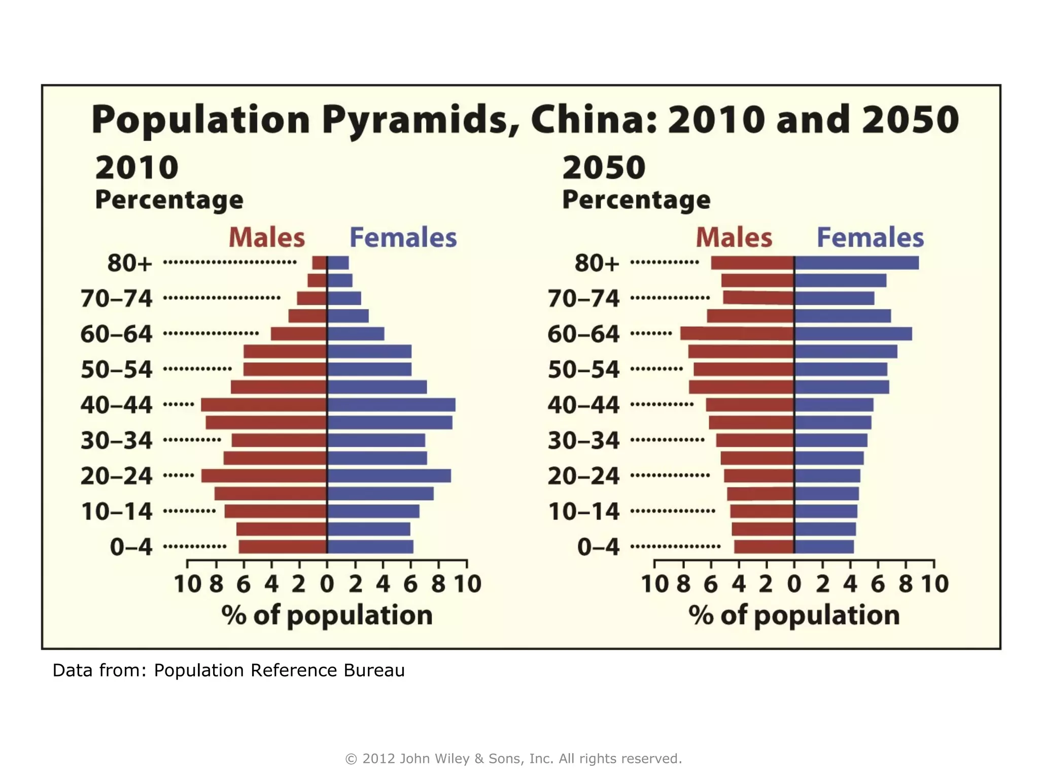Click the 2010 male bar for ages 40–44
click(264, 405)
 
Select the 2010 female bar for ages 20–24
click(389, 476)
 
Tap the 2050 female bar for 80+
click(856, 263)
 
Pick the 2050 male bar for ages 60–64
click(737, 334)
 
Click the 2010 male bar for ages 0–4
click(283, 547)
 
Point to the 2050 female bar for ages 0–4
click(824, 547)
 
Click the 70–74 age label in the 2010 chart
click(116, 298)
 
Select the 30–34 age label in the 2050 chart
click(583, 440)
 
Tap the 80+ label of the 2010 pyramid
click(129, 263)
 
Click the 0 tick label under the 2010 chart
click(327, 584)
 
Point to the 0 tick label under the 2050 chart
click(794, 584)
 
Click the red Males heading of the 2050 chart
click(734, 237)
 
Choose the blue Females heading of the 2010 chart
click(403, 237)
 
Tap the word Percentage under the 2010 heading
click(169, 200)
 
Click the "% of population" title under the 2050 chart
click(794, 615)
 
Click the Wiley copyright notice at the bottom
click(513, 759)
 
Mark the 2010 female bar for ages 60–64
click(356, 334)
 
